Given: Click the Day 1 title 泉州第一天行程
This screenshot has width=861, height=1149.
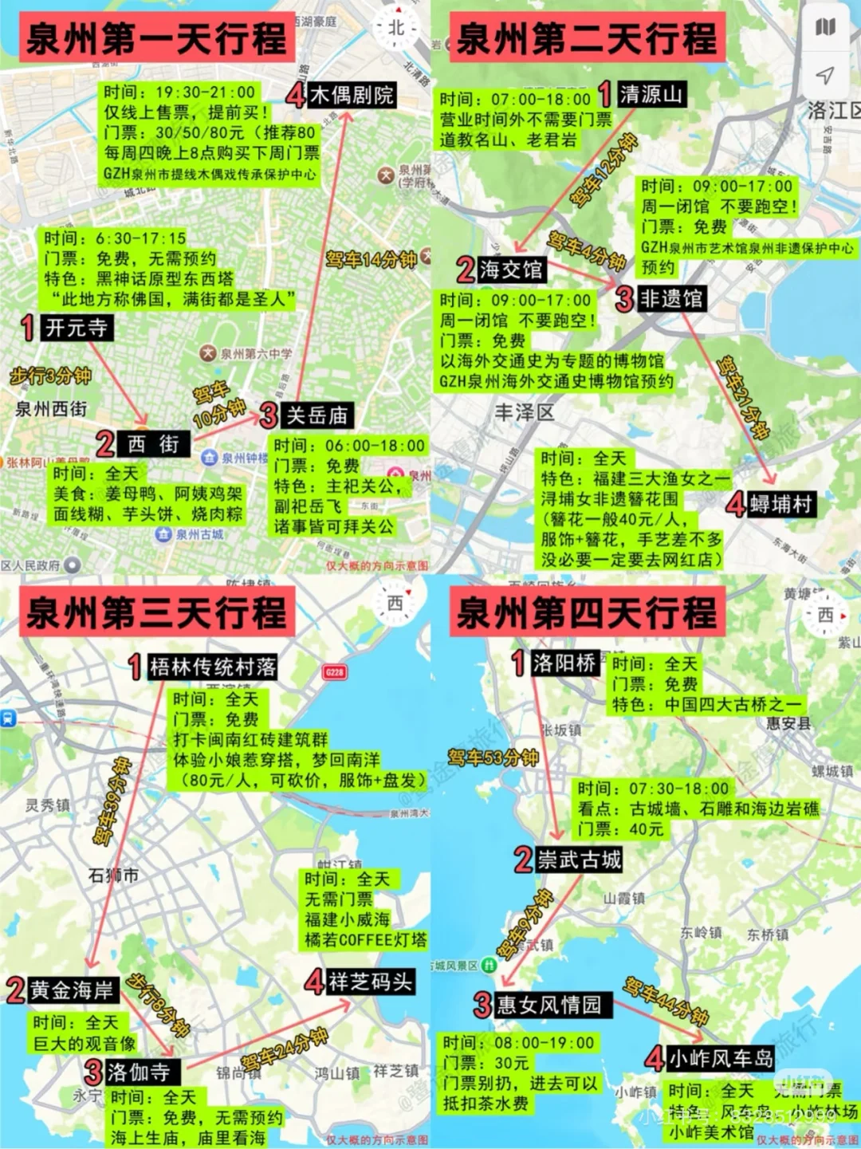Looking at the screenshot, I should click(156, 38).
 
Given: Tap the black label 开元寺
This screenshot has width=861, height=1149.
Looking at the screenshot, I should click(76, 328).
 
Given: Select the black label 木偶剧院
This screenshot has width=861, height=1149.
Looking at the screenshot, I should click(351, 96).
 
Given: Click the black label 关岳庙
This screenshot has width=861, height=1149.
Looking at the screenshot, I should click(317, 415).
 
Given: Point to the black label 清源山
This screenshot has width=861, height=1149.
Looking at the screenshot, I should click(651, 94).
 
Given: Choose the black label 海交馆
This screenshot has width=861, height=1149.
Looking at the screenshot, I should click(510, 270).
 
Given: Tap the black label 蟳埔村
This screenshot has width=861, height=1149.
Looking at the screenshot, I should click(780, 504).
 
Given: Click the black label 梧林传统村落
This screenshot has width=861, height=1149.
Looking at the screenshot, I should click(212, 667).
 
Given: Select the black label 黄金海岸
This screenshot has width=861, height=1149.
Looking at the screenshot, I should click(73, 990).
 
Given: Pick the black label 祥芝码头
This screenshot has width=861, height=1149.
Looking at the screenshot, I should click(371, 982).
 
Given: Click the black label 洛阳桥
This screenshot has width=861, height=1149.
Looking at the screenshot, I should click(564, 663).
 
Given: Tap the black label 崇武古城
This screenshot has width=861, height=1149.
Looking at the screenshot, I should click(579, 860).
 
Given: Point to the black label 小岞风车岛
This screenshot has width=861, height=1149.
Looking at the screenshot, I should click(720, 1058).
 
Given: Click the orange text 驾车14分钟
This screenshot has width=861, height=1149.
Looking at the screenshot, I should click(371, 259).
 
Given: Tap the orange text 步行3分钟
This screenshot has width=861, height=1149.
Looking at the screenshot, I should click(50, 376).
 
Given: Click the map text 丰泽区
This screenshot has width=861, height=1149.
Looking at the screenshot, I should click(524, 412).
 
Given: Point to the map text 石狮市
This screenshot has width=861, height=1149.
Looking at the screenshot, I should click(113, 875).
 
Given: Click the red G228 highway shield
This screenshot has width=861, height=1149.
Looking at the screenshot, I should click(335, 672).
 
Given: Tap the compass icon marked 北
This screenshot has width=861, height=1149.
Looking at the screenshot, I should click(396, 28).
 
